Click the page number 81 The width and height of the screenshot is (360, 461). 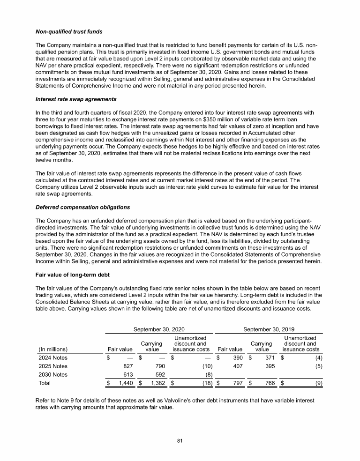coord(180,440)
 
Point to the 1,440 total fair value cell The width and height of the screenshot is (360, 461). coord(123,383)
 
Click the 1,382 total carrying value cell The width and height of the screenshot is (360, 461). coord(155,383)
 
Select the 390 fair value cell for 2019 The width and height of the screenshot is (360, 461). coord(237,358)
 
